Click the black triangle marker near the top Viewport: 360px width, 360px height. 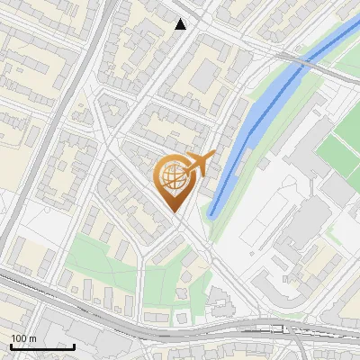point(181,24)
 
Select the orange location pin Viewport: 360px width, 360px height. point(175,180)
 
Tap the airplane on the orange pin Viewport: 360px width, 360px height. point(201,164)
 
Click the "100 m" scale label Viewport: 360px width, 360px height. point(23,337)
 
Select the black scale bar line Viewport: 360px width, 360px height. point(42,346)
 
